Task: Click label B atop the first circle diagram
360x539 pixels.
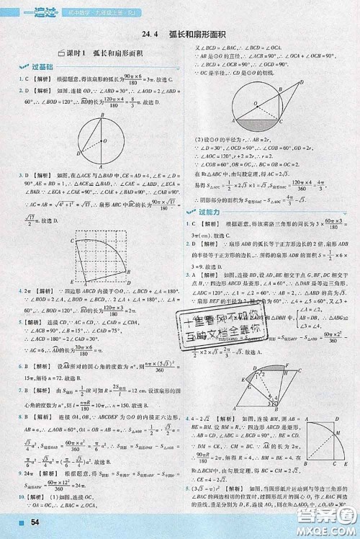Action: (x=102, y=115)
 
